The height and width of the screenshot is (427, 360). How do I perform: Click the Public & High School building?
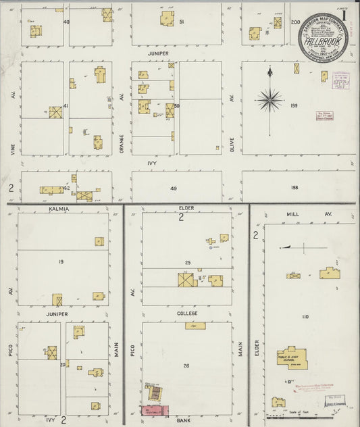[x=291, y=361]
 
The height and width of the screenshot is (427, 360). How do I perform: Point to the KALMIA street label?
[x=59, y=209]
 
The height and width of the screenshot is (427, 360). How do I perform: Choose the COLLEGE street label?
[x=186, y=314]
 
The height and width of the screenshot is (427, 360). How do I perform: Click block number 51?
[x=182, y=22]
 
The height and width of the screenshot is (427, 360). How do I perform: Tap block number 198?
[x=294, y=187]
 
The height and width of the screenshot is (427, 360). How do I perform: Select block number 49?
[x=174, y=189]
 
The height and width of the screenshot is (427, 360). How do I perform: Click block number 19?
[x=61, y=261]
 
